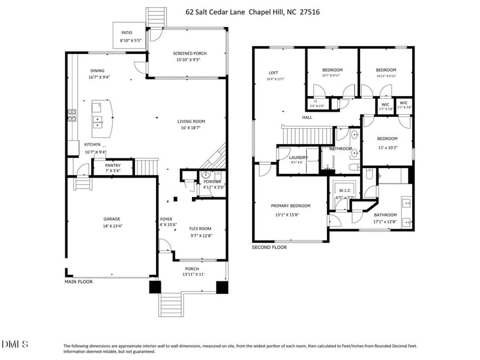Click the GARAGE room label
tap(112, 219)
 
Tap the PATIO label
tap(127, 32)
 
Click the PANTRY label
tap(113, 165)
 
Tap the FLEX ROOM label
tap(200, 229)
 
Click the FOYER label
tap(166, 219)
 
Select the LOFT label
tap(273, 73)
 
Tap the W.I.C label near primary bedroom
tap(344, 191)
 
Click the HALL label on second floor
tap(307, 118)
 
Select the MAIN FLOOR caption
tap(79, 281)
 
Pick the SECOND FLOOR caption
tap(269, 247)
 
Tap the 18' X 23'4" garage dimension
tap(112, 226)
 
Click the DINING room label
tap(97, 70)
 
